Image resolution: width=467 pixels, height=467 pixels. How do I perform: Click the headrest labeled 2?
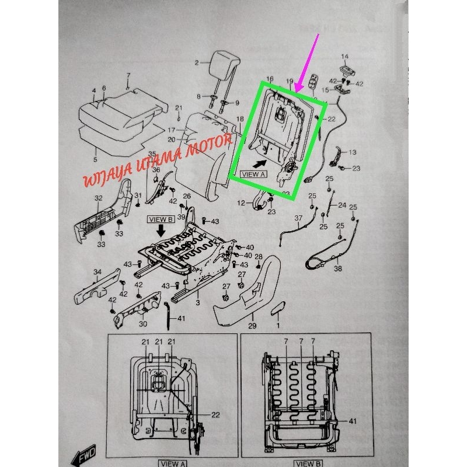tap(220, 62)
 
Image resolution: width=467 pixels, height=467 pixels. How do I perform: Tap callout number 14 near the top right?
tap(344, 57)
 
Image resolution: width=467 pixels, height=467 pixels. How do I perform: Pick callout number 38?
tap(337, 269)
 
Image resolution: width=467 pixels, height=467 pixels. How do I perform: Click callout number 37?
tap(298, 218)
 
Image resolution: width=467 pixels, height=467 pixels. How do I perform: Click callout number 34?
tap(97, 271)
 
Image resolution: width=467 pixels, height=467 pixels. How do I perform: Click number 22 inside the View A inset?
tap(215, 415)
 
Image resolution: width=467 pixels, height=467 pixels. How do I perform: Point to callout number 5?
tap(96, 158)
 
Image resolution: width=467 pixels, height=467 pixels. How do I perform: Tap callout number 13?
tap(352, 152)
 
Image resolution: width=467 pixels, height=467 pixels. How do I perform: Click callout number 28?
tap(258, 257)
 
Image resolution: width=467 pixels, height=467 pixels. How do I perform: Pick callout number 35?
tap(152, 154)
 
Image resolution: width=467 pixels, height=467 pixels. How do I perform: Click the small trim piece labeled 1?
tap(279, 308)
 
